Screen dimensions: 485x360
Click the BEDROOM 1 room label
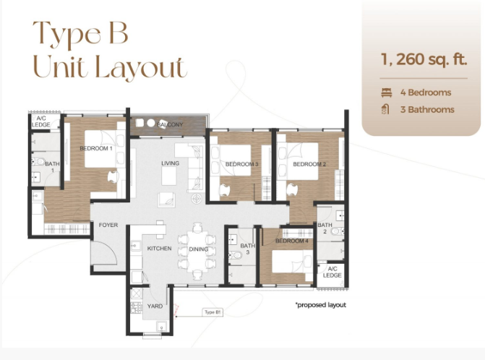[96, 148]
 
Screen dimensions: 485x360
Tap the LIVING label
[170, 163]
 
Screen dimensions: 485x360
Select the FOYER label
[108, 225]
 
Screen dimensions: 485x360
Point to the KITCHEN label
[159, 249]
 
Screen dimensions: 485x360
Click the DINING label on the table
[199, 249]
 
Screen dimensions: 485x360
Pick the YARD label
[155, 307]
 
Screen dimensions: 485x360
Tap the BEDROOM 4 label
[292, 241]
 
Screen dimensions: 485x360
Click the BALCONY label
[170, 124]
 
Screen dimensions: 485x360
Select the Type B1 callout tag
[213, 312]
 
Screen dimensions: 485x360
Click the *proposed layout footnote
[321, 305]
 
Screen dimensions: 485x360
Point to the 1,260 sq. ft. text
[424, 59]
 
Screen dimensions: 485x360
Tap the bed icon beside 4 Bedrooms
[387, 93]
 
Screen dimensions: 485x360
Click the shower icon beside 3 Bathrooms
[385, 109]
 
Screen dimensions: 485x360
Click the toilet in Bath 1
[38, 161]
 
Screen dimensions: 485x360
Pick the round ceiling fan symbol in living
[197, 199]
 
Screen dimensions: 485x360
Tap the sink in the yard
[162, 327]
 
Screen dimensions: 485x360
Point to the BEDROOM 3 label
[242, 164]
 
